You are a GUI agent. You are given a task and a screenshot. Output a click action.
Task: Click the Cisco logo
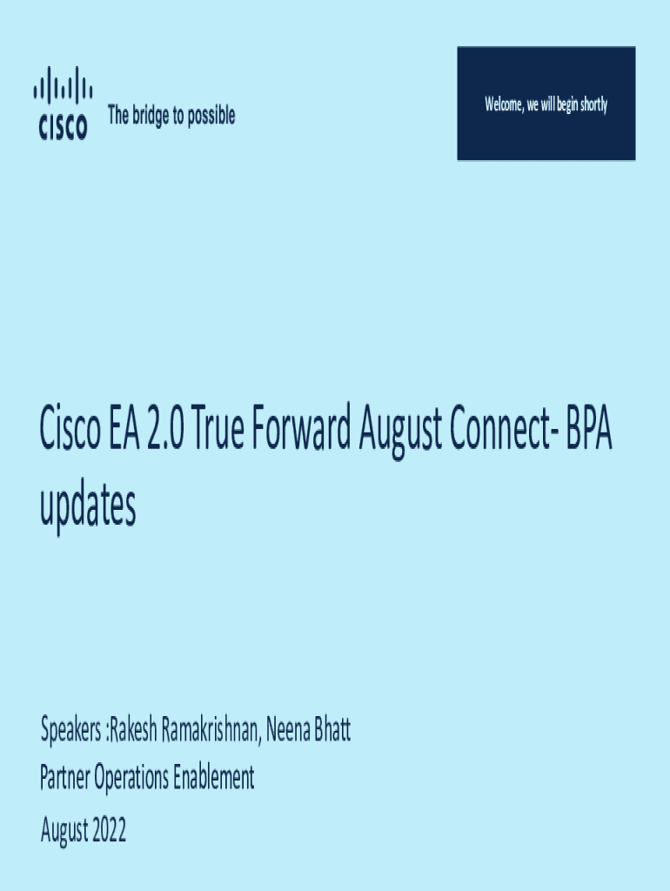62,104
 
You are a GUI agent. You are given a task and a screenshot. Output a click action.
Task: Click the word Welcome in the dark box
504,104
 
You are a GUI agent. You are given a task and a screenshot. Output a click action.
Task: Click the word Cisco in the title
70,432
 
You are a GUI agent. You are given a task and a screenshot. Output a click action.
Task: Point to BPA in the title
587,432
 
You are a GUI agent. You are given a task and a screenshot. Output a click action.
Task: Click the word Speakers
71,731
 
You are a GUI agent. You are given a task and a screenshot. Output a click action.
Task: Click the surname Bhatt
333,730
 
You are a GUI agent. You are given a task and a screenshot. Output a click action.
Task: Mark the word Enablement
214,777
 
